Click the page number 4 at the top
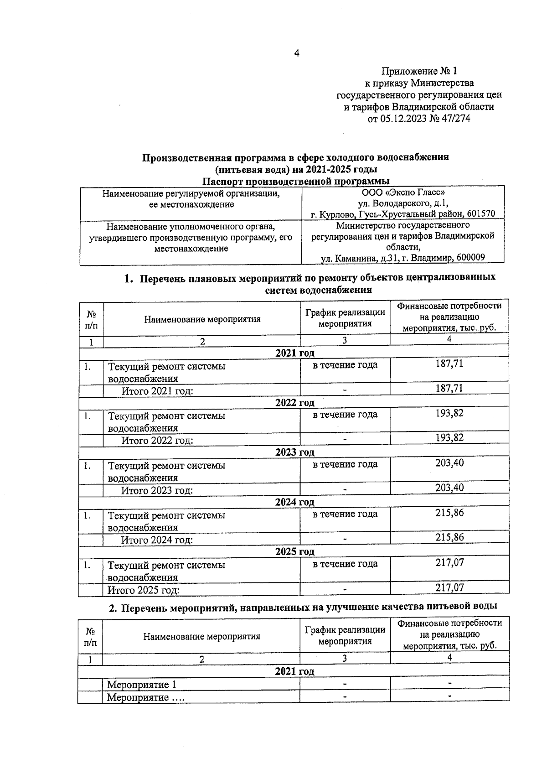coord(297,53)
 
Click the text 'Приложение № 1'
coord(418,71)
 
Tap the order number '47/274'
coord(454,119)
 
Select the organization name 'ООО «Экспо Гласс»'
coord(403,193)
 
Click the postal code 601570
coord(481,214)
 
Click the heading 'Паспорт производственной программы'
coord(296,182)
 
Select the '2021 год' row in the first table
coord(294,353)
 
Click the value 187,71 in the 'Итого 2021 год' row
coord(449,388)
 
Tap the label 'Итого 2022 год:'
coord(157,441)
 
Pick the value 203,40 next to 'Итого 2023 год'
coord(449,488)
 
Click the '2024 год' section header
coord(294,502)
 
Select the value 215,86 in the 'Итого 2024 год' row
coord(449,537)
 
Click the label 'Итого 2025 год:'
coord(143,590)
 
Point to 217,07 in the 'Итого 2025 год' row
coord(449,587)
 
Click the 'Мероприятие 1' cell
coord(141,685)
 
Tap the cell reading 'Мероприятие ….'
coord(145,697)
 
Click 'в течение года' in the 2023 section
coord(345,464)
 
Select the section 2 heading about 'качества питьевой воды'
coord(303,606)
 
